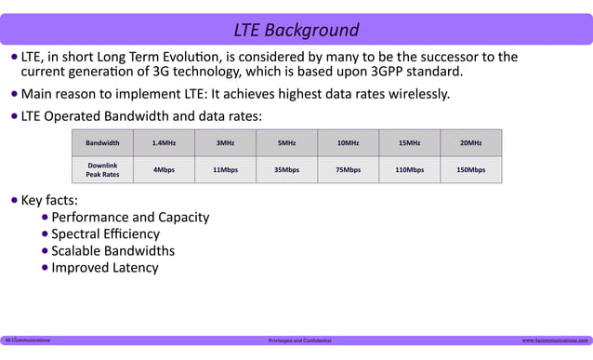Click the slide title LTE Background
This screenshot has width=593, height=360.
pyautogui.click(x=296, y=29)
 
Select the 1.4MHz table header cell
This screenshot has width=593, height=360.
pyautogui.click(x=164, y=143)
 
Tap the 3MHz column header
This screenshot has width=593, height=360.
pyautogui.click(x=225, y=143)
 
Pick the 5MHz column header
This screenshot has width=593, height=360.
pyautogui.click(x=286, y=143)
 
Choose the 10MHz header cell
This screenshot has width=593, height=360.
pyautogui.click(x=348, y=143)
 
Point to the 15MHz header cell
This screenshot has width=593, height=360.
pyautogui.click(x=409, y=143)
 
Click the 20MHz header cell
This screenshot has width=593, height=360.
pyautogui.click(x=470, y=143)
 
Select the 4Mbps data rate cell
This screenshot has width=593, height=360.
pyautogui.click(x=164, y=170)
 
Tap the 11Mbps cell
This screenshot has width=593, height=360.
pyautogui.click(x=225, y=170)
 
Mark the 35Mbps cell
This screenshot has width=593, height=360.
pyautogui.click(x=286, y=170)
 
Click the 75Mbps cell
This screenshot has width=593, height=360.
pyautogui.click(x=348, y=170)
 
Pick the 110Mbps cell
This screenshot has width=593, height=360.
pyautogui.click(x=409, y=170)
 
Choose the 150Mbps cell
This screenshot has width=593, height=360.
pyautogui.click(x=470, y=170)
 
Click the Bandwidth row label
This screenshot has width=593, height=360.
pyautogui.click(x=102, y=143)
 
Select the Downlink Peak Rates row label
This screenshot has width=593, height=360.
pyautogui.click(x=102, y=170)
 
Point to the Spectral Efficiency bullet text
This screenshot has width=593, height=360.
pyautogui.click(x=105, y=234)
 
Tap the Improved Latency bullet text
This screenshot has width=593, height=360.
pyautogui.click(x=104, y=268)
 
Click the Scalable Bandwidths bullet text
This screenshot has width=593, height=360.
pyautogui.click(x=112, y=251)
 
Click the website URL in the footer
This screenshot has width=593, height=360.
pyautogui.click(x=555, y=341)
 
